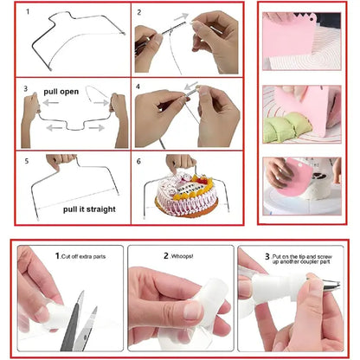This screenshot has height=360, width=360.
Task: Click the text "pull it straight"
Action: [89, 209]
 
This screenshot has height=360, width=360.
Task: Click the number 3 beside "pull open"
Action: [26, 89]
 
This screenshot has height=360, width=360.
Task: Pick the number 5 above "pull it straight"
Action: [26, 162]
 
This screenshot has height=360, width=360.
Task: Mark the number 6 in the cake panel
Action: [141, 162]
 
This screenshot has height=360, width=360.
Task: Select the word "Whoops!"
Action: [184, 257]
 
